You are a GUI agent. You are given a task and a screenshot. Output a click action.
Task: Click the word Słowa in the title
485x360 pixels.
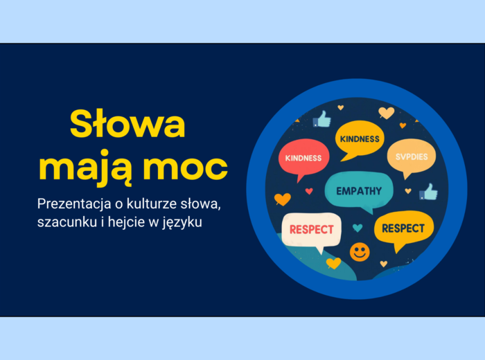click(x=127, y=125)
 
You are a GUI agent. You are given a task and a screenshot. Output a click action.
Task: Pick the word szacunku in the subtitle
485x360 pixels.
click(x=66, y=224)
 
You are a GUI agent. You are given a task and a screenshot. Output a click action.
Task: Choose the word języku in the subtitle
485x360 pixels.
click(x=185, y=224)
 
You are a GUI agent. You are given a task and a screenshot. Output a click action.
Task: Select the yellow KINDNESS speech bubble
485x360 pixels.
click(x=360, y=140)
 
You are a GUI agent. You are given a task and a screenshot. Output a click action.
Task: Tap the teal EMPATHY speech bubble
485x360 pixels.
click(x=358, y=191)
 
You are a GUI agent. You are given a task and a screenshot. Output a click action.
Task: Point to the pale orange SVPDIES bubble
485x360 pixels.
click(x=412, y=157)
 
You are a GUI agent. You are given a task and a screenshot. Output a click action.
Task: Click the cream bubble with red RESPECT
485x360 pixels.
click(x=312, y=229)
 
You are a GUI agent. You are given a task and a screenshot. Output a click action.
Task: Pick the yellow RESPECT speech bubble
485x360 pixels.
click(x=403, y=228)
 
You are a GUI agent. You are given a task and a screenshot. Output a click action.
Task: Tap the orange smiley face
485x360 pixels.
click(x=360, y=251)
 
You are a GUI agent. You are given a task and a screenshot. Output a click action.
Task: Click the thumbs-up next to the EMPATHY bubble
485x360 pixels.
click(x=429, y=192)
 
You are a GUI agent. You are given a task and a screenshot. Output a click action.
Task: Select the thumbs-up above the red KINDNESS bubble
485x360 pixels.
click(x=321, y=120)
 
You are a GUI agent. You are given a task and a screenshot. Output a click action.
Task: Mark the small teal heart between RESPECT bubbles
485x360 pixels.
click(x=357, y=227)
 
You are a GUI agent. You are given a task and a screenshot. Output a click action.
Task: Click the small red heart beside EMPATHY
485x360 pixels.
click(x=309, y=191)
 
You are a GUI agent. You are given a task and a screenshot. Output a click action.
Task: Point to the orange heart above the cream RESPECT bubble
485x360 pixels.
click(x=282, y=199)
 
